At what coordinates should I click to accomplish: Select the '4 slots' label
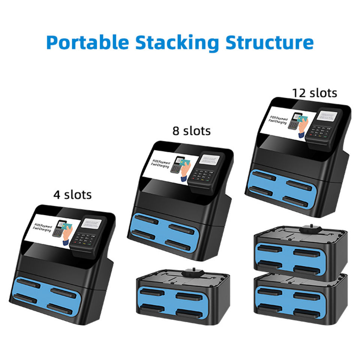pos(72,195)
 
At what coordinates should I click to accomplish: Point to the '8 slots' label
pos(191,131)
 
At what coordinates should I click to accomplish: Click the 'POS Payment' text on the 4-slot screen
pos(42,227)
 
